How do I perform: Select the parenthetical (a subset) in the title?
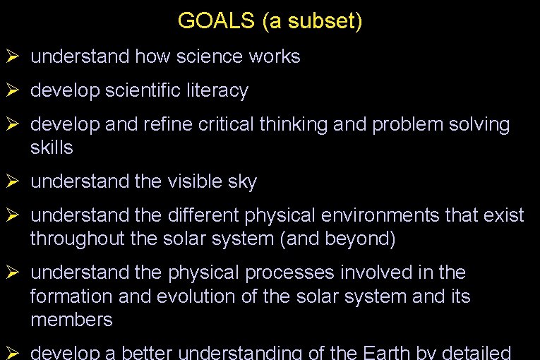(312, 21)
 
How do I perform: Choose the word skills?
(52, 148)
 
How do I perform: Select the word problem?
(405, 125)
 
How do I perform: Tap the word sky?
(242, 182)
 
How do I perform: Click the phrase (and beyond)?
(338, 239)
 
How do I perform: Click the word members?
(71, 320)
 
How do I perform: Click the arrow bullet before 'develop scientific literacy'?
(11, 91)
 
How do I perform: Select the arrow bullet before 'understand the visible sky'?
(11, 182)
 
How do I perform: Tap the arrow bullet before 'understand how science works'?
(11, 56)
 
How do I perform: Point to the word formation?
(73, 296)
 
